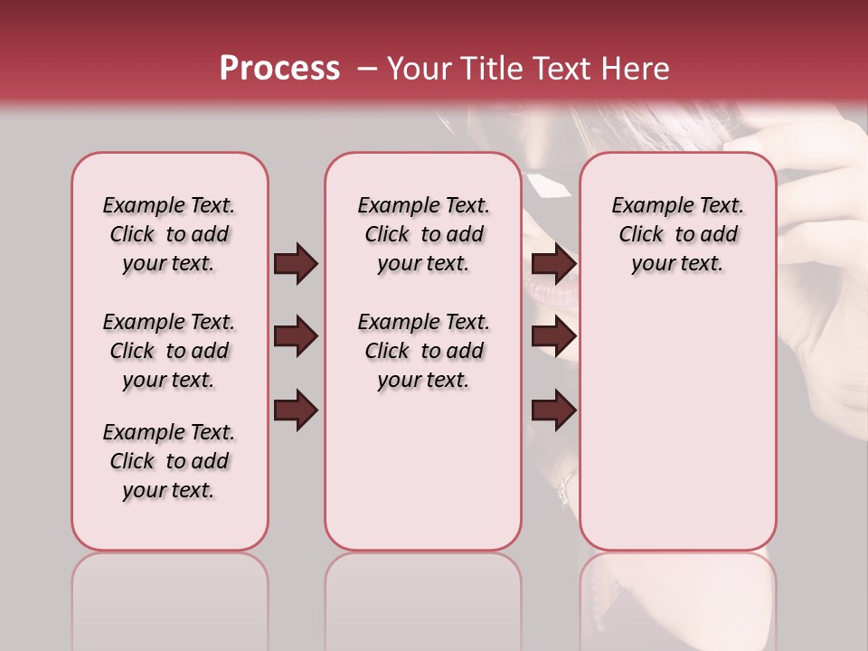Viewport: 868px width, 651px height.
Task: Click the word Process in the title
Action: [279, 69]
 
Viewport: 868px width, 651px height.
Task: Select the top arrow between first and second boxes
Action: [296, 264]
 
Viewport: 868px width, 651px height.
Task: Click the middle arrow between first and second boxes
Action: [296, 337]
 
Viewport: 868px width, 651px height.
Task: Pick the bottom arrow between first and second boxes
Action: [296, 410]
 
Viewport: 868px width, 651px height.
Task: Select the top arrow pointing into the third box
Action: [554, 264]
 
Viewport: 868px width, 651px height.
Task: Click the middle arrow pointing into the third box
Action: [554, 337]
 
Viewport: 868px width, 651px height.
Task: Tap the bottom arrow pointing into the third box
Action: [554, 410]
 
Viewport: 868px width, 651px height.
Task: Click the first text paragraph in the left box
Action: [169, 234]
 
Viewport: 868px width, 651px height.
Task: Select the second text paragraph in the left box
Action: [169, 351]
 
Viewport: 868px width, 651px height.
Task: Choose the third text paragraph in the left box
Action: [169, 461]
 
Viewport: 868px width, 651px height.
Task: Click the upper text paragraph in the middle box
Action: [424, 234]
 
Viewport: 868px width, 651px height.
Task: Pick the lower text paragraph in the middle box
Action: [424, 351]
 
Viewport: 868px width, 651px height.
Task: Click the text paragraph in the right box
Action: [678, 234]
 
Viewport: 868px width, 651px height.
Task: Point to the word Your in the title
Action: [419, 69]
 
